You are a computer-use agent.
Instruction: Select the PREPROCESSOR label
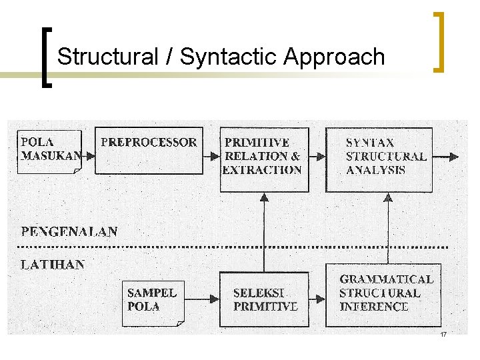click(x=149, y=142)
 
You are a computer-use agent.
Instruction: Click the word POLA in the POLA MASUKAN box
click(x=37, y=142)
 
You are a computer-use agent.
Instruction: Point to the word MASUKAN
click(x=51, y=156)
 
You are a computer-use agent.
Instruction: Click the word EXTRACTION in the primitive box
click(x=262, y=170)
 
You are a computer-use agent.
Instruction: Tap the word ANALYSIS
click(x=375, y=170)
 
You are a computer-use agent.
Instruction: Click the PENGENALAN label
click(x=69, y=232)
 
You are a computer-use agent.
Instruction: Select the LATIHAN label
click(x=53, y=265)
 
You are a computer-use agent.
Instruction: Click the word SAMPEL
click(x=152, y=293)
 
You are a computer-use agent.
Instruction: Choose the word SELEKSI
click(x=259, y=293)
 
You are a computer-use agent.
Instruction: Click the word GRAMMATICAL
click(x=386, y=279)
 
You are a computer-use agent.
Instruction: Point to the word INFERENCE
click(x=374, y=307)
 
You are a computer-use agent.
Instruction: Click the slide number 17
click(x=443, y=334)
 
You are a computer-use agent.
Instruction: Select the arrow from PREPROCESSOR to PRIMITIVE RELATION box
click(x=211, y=156)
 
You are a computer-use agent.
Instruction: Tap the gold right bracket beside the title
click(x=439, y=41)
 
